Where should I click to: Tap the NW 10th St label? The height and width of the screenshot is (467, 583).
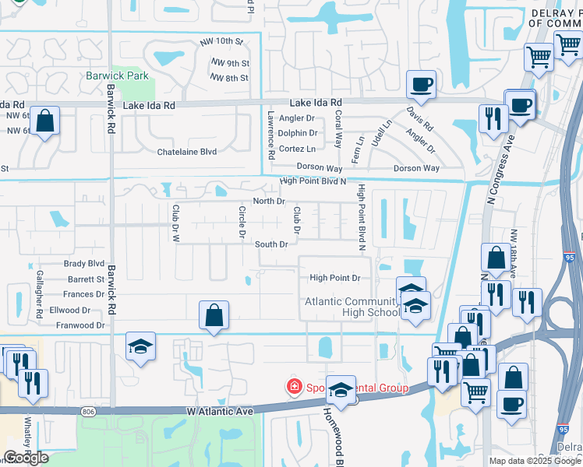click(226, 40)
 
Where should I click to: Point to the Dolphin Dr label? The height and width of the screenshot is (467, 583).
click(297, 133)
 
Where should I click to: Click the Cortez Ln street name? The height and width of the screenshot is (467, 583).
click(297, 149)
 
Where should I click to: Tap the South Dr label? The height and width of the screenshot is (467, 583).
click(272, 244)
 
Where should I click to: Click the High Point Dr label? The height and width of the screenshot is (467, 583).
click(334, 278)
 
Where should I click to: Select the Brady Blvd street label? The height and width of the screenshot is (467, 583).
click(84, 264)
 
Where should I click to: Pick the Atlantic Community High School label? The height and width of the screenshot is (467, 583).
click(352, 307)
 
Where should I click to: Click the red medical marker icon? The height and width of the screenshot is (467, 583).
click(295, 386)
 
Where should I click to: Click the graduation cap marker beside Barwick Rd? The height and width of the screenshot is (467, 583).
click(141, 346)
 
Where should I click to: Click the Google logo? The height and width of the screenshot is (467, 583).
click(26, 458)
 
